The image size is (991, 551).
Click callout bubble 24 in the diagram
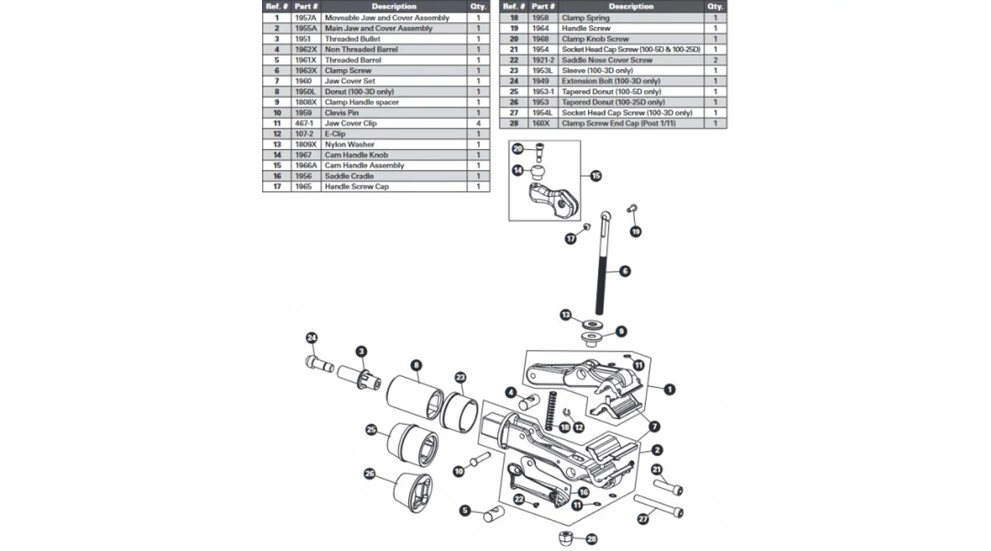tap(311, 338)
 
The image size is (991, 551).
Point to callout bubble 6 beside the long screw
tap(625, 271)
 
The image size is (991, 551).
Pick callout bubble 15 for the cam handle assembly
tap(595, 176)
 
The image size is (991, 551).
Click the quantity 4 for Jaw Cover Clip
tap(478, 123)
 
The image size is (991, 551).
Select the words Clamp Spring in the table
tap(585, 18)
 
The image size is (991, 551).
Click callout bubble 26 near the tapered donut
tap(370, 475)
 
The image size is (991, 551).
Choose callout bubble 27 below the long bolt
tap(644, 519)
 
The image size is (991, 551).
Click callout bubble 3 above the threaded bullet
tap(361, 352)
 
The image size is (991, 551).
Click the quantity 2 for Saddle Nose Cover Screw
tap(715, 60)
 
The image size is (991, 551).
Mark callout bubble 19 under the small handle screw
tap(636, 231)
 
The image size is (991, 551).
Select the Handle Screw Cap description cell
tap(357, 187)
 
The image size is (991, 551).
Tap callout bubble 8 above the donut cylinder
tap(416, 364)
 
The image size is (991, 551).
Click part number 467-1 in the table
tap(304, 123)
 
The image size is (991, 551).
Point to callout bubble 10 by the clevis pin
tap(459, 472)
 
